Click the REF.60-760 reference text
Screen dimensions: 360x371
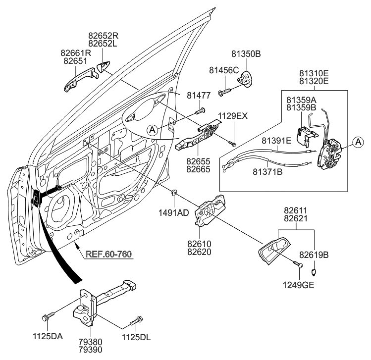109,255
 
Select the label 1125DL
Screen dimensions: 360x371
137,337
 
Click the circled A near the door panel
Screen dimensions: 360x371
153,130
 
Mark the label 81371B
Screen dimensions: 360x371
270,172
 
